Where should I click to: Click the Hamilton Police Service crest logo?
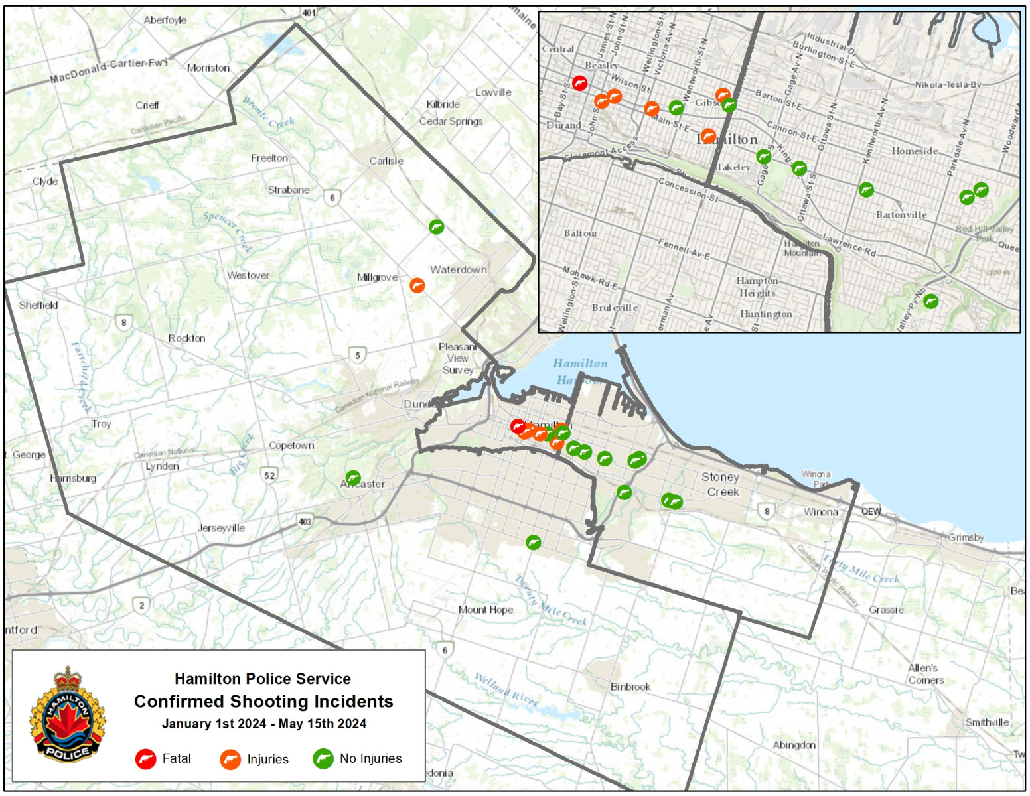pyautogui.click(x=67, y=714)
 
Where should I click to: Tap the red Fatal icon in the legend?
pyautogui.click(x=145, y=759)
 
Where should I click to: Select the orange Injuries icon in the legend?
pyautogui.click(x=230, y=760)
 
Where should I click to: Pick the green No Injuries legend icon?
pyautogui.click(x=323, y=759)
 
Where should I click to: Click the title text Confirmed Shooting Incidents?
pyautogui.click(x=263, y=702)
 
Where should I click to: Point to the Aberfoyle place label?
pyautogui.click(x=165, y=20)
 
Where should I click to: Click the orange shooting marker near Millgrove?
pyautogui.click(x=417, y=285)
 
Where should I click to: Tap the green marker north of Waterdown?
pyautogui.click(x=436, y=227)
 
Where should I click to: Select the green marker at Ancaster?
pyautogui.click(x=353, y=478)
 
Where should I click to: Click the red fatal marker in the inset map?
pyautogui.click(x=579, y=84)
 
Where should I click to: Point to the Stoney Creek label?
pyautogui.click(x=721, y=484)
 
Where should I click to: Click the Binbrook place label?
pyautogui.click(x=630, y=687)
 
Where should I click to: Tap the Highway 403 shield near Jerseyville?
pyautogui.click(x=305, y=521)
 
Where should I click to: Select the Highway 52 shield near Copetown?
pyautogui.click(x=269, y=475)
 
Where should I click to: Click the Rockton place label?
pyautogui.click(x=186, y=338)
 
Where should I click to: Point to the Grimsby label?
pyautogui.click(x=966, y=537)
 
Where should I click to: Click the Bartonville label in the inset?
pyautogui.click(x=901, y=215)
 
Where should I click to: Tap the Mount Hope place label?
pyautogui.click(x=486, y=610)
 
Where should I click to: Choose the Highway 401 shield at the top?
pyautogui.click(x=309, y=13)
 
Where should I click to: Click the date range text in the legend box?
pyautogui.click(x=263, y=724)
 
